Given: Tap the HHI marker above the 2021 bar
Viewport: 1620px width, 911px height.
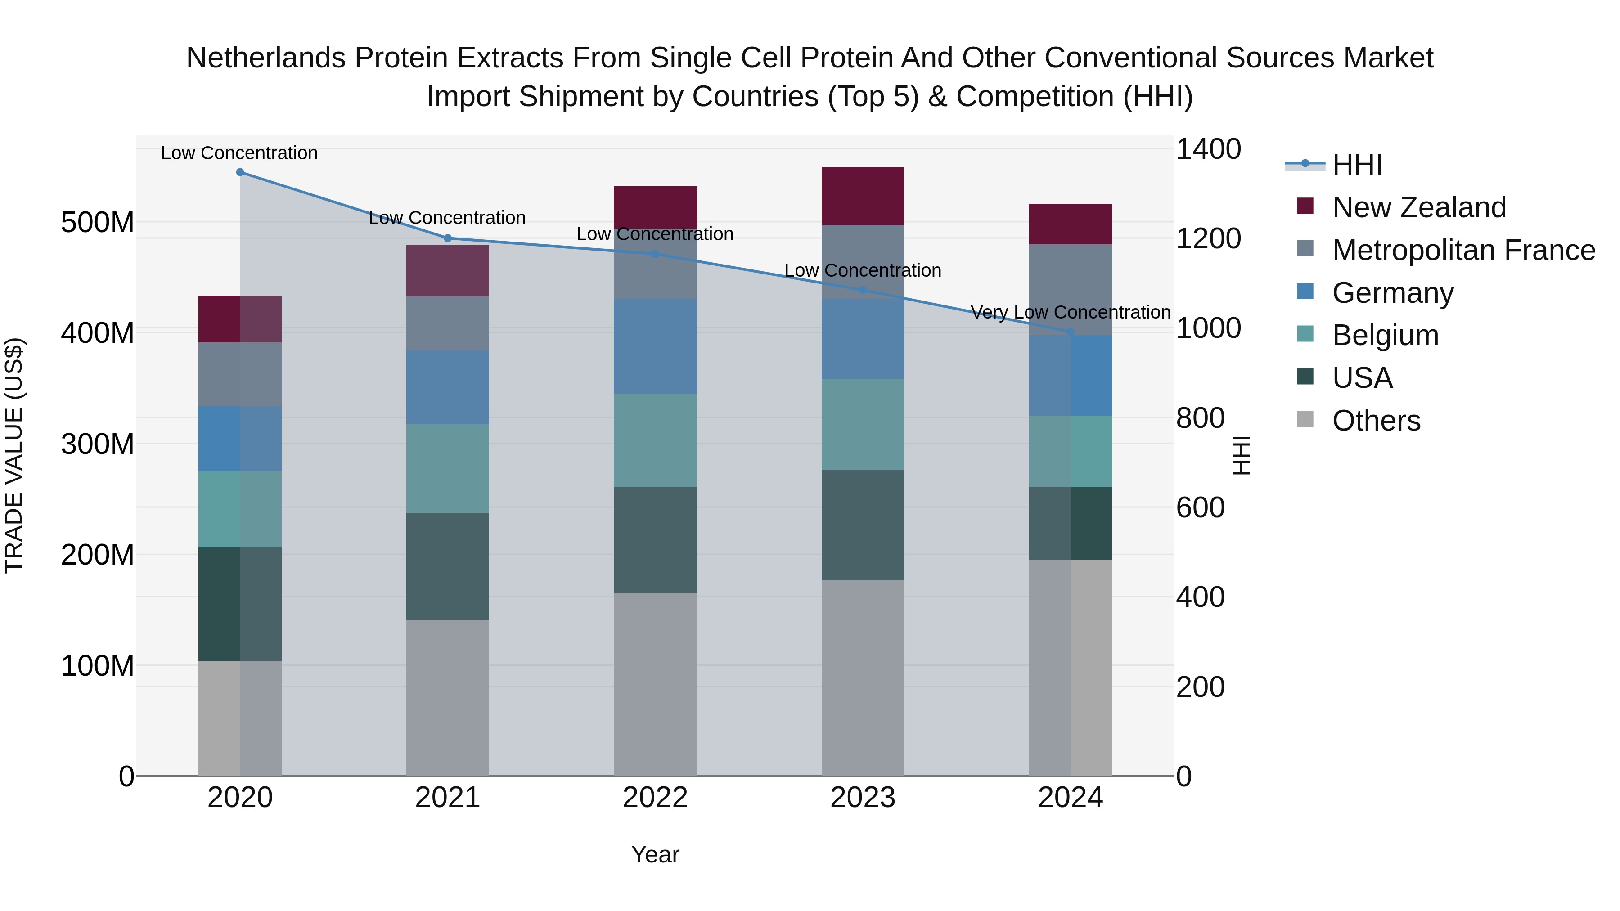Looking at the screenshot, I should pos(448,238).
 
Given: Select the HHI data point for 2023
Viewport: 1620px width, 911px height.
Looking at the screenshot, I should pos(863,290).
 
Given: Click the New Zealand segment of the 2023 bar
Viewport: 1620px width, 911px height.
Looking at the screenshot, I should pos(863,196).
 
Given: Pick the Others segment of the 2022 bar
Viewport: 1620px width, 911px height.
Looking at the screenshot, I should pos(655,684).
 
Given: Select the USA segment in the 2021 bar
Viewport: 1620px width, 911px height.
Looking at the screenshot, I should pos(448,566).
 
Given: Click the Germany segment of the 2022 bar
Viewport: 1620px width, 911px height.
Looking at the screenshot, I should pos(655,346).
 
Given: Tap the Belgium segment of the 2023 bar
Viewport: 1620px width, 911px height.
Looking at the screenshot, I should pos(863,424).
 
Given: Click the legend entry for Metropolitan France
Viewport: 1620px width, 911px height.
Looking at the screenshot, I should pos(1463,250).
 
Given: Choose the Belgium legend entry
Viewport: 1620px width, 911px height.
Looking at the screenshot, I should pos(1386,335).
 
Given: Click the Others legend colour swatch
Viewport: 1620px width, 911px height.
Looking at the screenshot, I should pos(1305,419).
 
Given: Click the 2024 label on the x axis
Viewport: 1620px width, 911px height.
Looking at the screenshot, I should pos(1071,797).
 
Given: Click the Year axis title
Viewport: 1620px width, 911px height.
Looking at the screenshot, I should pos(655,854).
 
